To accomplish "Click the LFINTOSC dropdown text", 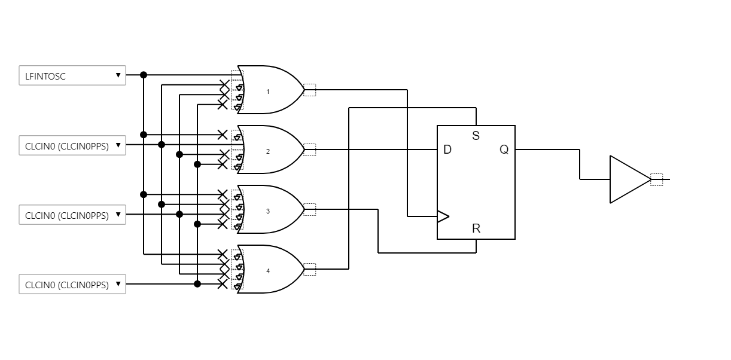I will point(45,76).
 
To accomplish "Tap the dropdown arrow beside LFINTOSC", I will point(118,75).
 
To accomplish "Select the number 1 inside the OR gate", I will point(268,91).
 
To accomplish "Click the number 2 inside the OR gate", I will point(268,151).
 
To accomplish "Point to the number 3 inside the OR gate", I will point(268,211).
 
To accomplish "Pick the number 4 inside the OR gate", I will point(268,271).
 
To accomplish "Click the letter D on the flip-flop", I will point(447,150).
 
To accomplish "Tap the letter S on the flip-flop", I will point(476,136).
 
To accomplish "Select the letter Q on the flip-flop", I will point(504,150).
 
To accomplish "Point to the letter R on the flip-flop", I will point(476,228).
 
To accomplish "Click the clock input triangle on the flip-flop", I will point(443,216).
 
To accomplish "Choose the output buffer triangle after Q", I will point(628,179).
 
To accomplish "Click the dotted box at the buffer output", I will point(657,179).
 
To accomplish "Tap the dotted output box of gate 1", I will point(309,90).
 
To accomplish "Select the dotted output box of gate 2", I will point(309,150).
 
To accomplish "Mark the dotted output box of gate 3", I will point(309,209).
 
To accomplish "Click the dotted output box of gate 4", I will point(309,269).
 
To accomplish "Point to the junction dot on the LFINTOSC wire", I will point(144,75).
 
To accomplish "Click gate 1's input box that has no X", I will point(237,75).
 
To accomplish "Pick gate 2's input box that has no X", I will point(237,145).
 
